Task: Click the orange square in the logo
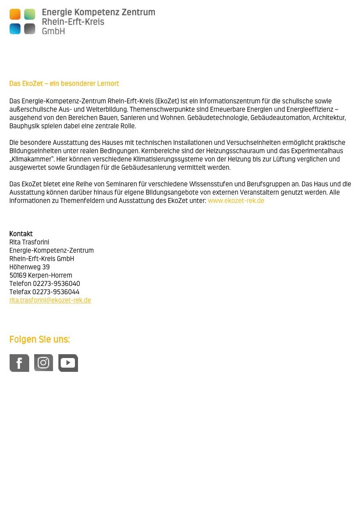15,14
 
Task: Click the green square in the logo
30,14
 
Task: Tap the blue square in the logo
15,29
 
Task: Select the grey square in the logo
30,29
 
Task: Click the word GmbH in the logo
53,31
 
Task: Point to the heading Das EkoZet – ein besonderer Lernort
64,84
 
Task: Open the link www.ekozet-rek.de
236,201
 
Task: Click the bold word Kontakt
21,234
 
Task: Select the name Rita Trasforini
29,242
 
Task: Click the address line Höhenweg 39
30,267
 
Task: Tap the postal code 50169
18,275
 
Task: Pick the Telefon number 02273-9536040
56,284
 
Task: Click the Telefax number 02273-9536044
56,292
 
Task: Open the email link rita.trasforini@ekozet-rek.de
50,300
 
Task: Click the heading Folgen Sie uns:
40,340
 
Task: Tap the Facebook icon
19,363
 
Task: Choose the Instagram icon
43,363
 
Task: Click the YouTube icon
68,363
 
